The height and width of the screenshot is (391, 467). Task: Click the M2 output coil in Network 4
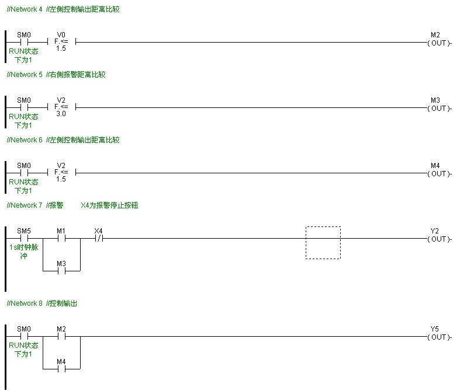click(438, 43)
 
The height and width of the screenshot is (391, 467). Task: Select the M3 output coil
click(438, 108)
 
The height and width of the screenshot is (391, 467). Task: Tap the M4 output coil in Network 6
click(438, 173)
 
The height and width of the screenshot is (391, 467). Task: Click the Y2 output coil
click(438, 239)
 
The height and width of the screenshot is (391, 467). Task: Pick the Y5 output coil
click(438, 337)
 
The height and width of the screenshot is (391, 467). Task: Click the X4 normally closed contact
click(99, 238)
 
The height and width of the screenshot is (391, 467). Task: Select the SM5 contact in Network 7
click(24, 238)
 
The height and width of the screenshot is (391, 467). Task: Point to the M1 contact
click(61, 238)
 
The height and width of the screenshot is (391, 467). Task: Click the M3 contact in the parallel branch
click(61, 271)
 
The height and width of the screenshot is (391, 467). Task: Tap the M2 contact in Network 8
click(61, 336)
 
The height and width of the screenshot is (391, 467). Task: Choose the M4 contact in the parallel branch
click(61, 369)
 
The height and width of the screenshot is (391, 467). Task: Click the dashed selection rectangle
click(323, 243)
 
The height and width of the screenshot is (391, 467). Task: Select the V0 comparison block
click(61, 42)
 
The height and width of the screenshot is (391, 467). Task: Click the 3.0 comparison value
click(61, 114)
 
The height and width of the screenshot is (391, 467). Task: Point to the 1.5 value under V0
click(61, 49)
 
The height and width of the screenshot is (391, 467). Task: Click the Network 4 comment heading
click(63, 9)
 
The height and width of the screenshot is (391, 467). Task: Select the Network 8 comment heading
click(42, 303)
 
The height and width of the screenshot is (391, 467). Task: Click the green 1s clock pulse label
click(24, 252)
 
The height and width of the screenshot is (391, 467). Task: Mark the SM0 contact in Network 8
click(24, 336)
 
